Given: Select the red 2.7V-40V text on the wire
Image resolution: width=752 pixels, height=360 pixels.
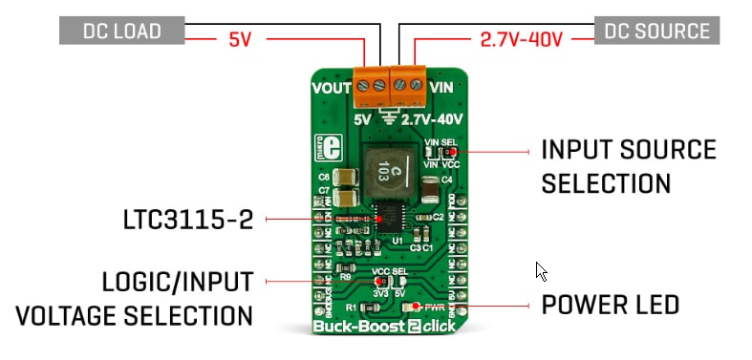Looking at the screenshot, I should (517, 41).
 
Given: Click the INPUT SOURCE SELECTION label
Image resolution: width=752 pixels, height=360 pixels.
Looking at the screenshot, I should (628, 166).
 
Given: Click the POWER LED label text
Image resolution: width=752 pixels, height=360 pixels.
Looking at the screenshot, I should (610, 306).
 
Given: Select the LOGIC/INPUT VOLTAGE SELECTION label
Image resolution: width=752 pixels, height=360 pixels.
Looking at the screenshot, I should (177, 298).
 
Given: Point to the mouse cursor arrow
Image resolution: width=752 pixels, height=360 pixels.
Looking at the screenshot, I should (541, 270).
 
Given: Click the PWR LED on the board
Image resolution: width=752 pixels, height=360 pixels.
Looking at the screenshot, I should (412, 307).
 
